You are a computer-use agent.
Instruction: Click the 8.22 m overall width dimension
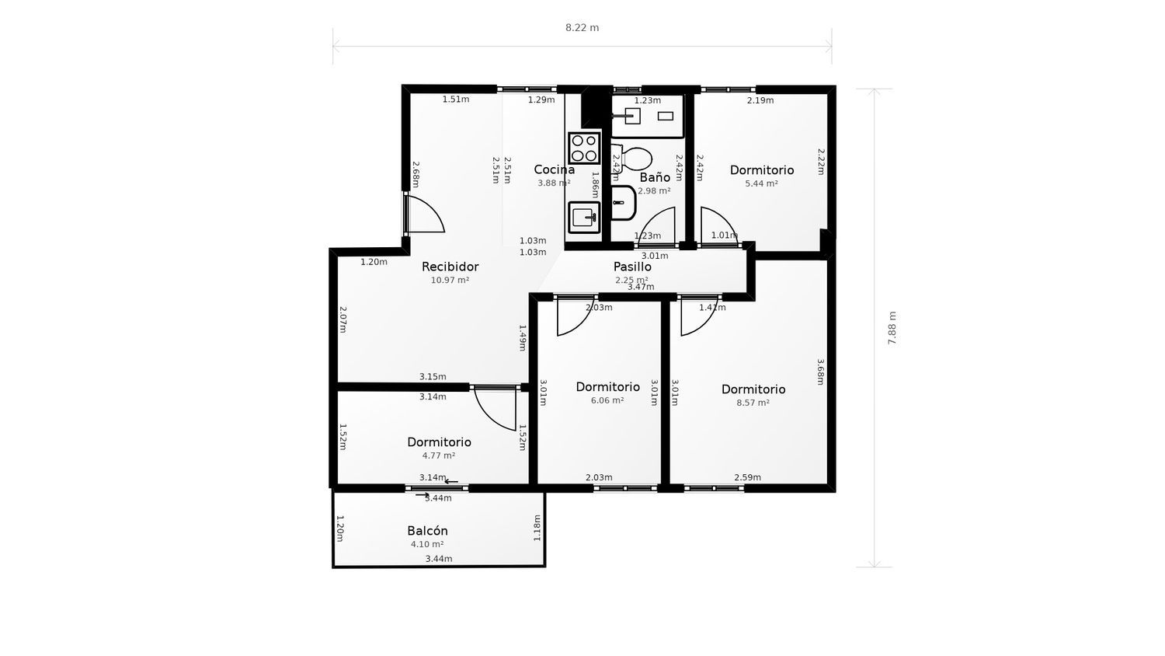point(582,28)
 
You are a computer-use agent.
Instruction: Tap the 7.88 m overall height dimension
point(892,328)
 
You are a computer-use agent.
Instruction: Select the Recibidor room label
point(450,267)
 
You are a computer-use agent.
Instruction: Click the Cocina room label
point(554,169)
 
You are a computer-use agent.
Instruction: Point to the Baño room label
point(655,177)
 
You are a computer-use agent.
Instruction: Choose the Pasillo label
point(632,267)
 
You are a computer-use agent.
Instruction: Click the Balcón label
point(427,531)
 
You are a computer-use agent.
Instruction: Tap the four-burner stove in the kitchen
point(584,148)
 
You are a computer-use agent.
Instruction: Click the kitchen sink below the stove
point(583,217)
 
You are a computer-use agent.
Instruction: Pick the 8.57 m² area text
point(753,403)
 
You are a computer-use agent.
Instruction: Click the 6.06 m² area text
point(607,401)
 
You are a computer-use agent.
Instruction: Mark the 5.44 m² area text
point(761,184)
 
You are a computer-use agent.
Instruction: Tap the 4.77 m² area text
point(439,456)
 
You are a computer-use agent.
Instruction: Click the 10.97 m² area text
point(450,281)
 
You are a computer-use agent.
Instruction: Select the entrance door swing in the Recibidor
point(426,215)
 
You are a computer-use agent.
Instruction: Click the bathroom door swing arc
point(657,225)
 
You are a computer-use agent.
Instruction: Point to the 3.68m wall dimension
point(820,372)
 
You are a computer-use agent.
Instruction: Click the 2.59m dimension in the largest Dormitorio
point(747,477)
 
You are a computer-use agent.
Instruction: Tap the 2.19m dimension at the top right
point(760,100)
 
